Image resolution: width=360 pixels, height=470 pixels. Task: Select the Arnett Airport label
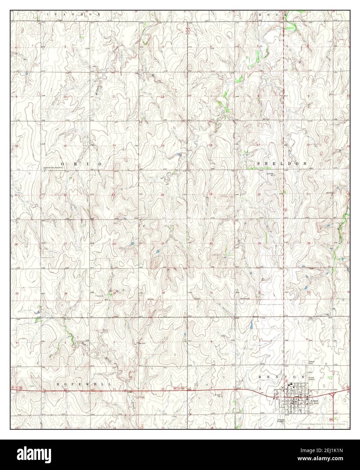(311, 378)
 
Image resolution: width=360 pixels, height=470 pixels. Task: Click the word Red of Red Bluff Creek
(83, 344)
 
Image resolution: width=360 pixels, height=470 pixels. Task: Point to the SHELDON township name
(282, 164)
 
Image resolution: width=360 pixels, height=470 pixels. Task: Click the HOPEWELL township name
(84, 384)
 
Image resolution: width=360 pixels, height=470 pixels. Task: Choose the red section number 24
(162, 195)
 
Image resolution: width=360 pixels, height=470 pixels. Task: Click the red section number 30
(211, 244)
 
